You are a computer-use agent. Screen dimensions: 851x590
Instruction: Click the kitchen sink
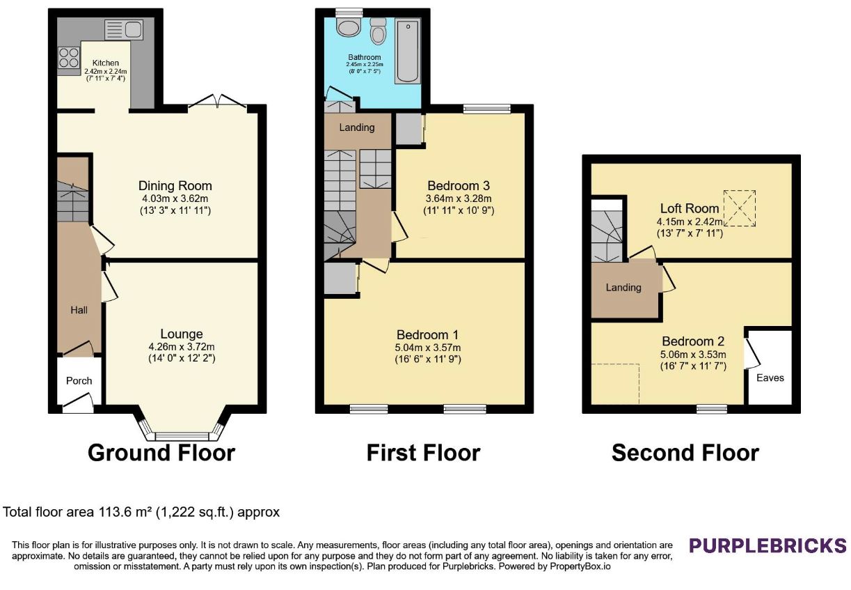(x=124, y=30)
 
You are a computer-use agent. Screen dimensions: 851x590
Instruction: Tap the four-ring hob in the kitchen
(x=69, y=58)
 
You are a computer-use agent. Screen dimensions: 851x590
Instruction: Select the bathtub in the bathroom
(x=408, y=51)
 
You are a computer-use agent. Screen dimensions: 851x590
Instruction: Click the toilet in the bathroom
(x=378, y=31)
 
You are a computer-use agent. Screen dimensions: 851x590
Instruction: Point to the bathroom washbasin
(x=349, y=29)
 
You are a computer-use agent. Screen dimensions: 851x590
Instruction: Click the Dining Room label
(x=175, y=185)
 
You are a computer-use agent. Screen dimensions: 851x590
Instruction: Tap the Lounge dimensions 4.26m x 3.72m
(x=182, y=346)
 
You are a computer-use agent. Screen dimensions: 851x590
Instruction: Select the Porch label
(x=79, y=381)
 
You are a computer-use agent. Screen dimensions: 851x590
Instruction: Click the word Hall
(x=79, y=310)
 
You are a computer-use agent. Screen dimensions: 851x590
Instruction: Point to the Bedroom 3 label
(x=459, y=185)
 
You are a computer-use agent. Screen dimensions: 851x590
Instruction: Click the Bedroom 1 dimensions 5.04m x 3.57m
(x=428, y=348)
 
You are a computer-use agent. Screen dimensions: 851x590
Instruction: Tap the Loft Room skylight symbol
(x=739, y=208)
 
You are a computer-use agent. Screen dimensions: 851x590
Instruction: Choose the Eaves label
(x=770, y=378)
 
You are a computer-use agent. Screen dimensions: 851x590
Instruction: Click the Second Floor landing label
(x=623, y=288)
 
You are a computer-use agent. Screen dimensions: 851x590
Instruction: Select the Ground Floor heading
(x=161, y=453)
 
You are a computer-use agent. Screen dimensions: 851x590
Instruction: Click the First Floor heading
(x=424, y=453)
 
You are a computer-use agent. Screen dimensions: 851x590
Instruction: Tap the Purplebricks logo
(x=768, y=545)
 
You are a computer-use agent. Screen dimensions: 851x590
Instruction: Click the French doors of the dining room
(x=217, y=101)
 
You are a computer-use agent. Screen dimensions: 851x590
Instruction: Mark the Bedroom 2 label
(x=693, y=341)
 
